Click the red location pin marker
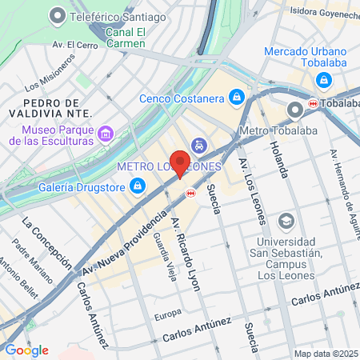click(x=181, y=163)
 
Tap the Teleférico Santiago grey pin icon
click(x=57, y=15)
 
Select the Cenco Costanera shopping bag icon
click(x=236, y=98)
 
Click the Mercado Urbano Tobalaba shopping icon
click(x=324, y=80)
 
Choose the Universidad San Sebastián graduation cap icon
click(x=286, y=220)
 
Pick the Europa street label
click(x=168, y=312)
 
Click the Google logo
click(x=26, y=350)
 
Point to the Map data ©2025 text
click(x=325, y=353)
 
